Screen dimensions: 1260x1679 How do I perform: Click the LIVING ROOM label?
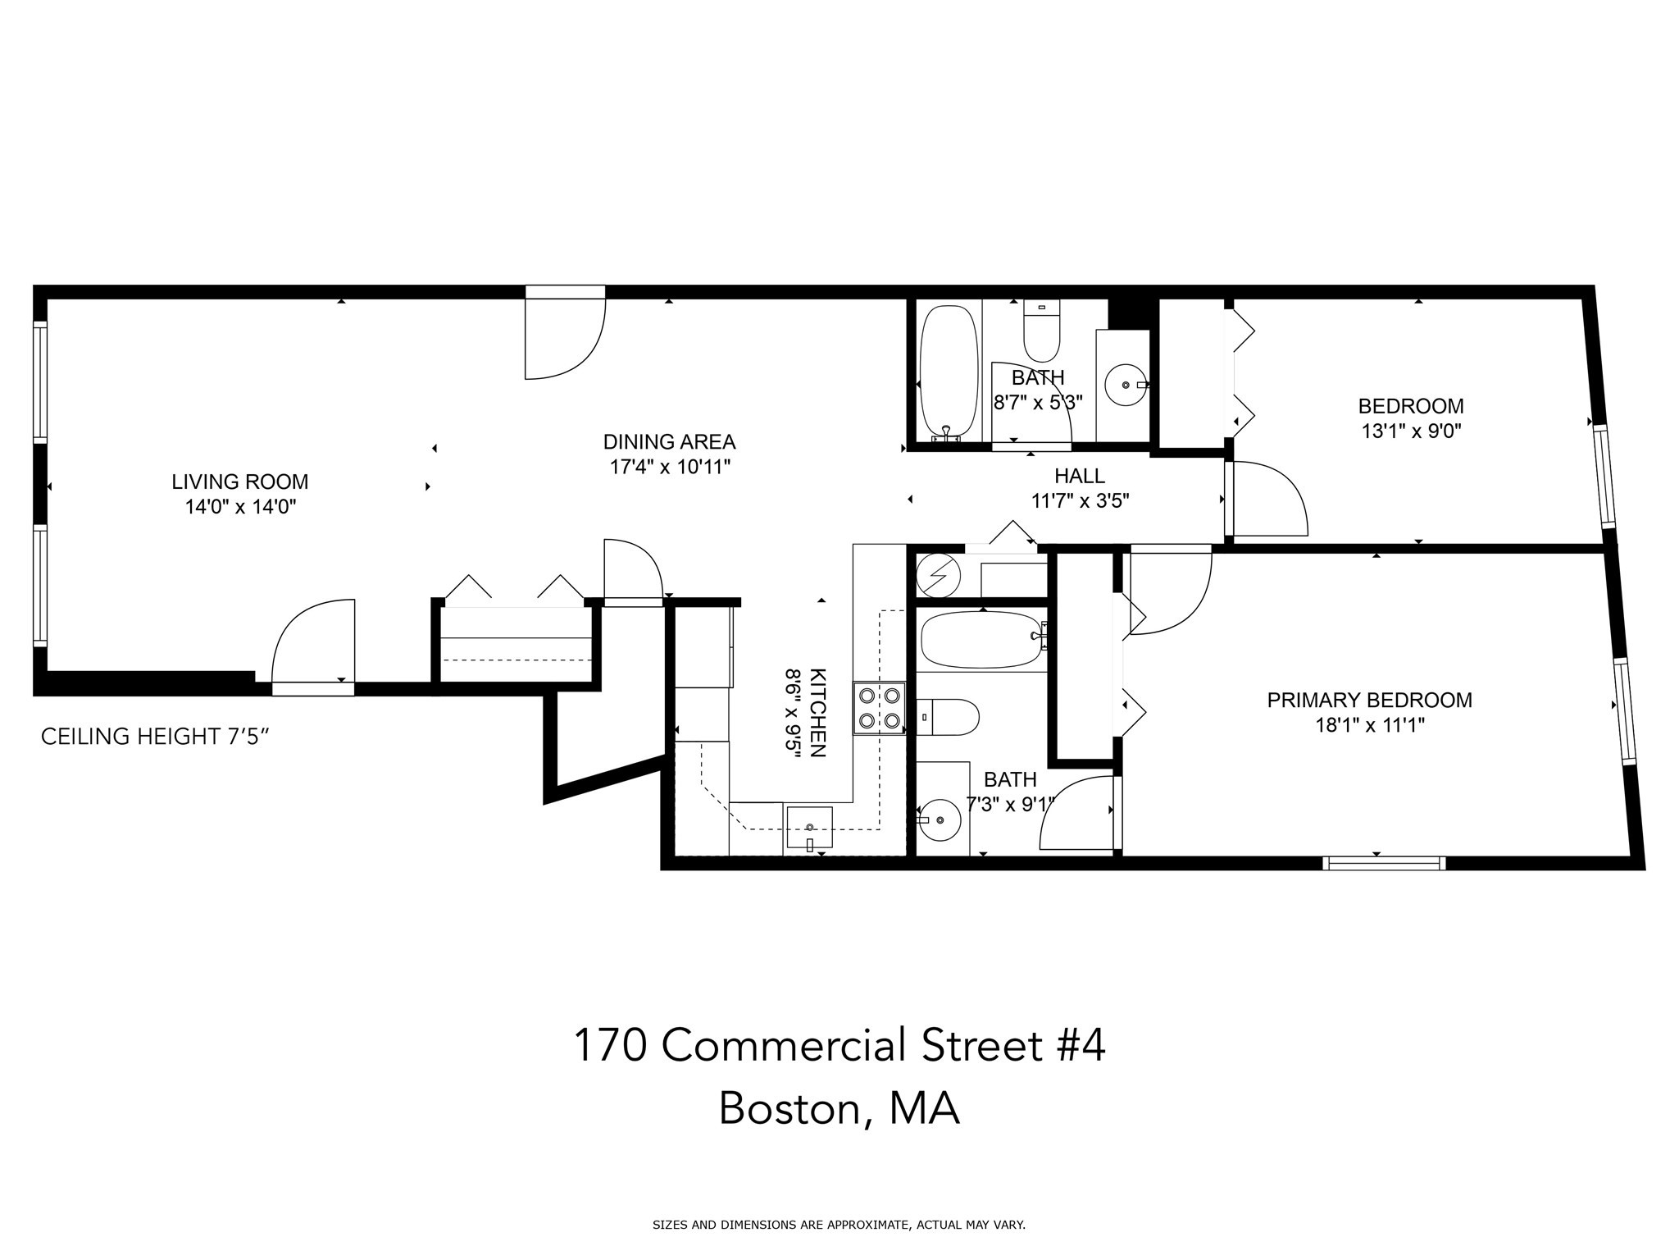[x=239, y=482]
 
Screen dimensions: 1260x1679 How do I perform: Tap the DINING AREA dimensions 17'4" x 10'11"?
[x=669, y=468]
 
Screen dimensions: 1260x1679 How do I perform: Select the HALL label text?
[x=1079, y=476]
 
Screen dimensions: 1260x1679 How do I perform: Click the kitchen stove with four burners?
[x=879, y=708]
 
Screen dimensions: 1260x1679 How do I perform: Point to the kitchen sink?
[x=809, y=828]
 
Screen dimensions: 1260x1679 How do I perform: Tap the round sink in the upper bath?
[x=1126, y=384]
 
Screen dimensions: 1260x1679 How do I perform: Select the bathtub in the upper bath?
[x=949, y=373]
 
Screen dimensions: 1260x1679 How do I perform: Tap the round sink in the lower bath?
[x=939, y=819]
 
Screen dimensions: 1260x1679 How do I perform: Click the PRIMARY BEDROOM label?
[x=1369, y=701]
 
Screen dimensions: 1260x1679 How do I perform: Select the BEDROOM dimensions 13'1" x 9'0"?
[x=1411, y=431]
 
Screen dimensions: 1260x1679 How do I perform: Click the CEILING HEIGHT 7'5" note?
[x=155, y=737]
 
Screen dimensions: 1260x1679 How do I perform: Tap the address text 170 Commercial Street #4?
[x=839, y=1046]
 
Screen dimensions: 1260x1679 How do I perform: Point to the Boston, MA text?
[x=839, y=1109]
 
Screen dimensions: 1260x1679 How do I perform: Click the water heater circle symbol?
[x=938, y=575]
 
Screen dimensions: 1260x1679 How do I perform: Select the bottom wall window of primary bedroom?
[x=1383, y=862]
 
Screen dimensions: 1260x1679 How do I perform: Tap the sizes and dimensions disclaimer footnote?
[x=839, y=1226]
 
